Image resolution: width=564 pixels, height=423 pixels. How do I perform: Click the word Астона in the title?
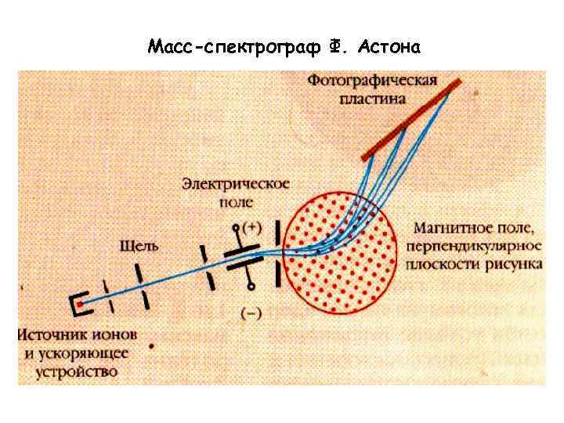389,48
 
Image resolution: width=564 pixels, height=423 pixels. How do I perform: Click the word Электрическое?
235,184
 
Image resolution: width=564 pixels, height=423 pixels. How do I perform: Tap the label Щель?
139,246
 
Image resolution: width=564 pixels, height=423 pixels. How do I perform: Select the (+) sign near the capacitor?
251,227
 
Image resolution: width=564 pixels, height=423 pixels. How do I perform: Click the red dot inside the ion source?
80,303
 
